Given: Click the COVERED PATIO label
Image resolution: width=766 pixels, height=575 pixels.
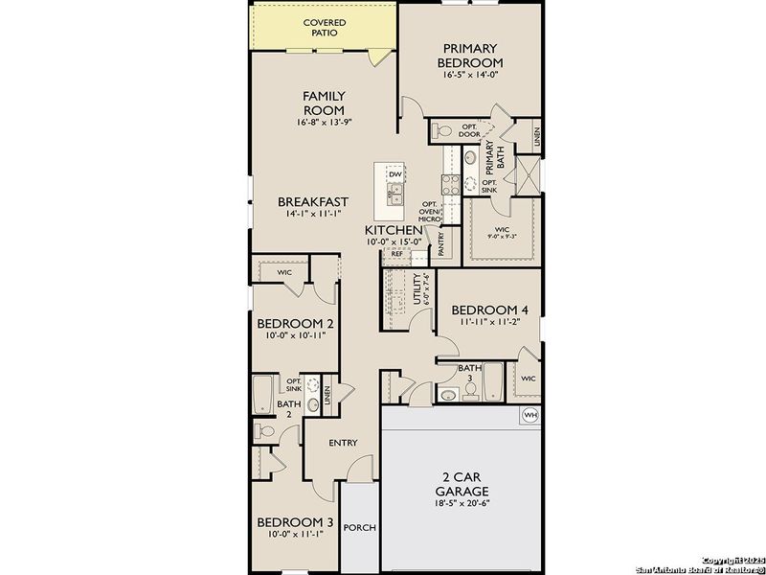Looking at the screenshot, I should (x=325, y=28).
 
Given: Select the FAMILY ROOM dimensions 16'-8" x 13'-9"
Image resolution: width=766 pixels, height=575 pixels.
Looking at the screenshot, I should (x=324, y=123).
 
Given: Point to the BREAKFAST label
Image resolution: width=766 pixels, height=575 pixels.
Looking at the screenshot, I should (x=312, y=202).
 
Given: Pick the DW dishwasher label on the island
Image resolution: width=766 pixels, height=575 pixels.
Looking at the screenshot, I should (x=394, y=173).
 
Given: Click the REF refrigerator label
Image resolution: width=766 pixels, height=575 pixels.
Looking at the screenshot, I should (x=396, y=254).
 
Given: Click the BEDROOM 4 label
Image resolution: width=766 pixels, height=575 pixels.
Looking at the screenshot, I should (x=488, y=310).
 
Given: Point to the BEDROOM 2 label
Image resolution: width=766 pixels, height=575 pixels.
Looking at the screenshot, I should (x=295, y=324).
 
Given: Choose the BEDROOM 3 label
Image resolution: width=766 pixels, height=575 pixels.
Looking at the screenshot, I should (x=295, y=522).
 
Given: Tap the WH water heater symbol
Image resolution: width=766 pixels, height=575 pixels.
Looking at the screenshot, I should (x=529, y=415).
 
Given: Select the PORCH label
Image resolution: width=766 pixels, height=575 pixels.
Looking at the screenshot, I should (x=360, y=528).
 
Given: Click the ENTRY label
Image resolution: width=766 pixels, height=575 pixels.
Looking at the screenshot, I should (x=343, y=443).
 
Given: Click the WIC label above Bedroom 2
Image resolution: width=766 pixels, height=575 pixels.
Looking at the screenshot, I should (x=284, y=272).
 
